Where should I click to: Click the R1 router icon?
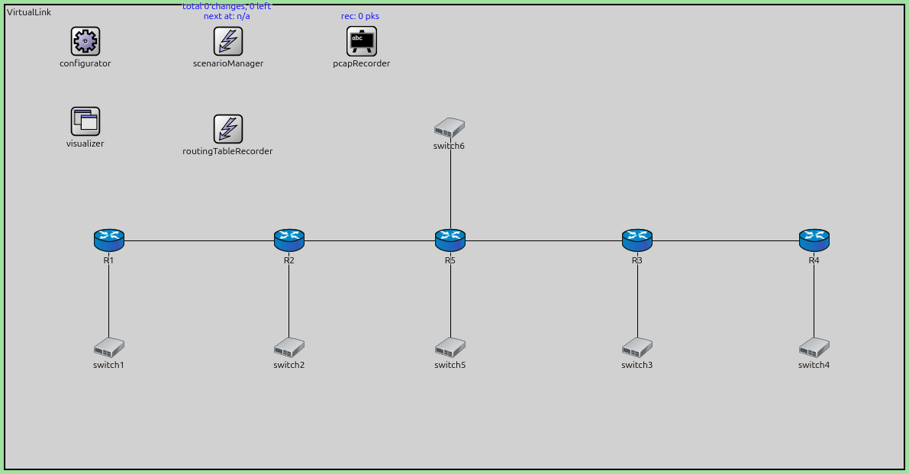108,240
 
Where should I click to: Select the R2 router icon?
288,240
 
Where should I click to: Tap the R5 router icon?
450,240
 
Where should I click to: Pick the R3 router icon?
637,240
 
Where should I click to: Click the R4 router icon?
814,240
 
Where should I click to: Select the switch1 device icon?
108,348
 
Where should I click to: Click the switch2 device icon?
288,348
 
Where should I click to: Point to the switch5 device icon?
450,348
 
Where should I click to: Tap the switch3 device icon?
637,348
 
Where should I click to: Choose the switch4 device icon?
814,348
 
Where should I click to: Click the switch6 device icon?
450,128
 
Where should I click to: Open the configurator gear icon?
85,41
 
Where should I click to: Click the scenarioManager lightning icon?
227,41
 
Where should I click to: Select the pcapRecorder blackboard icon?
361,41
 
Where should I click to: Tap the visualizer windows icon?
85,121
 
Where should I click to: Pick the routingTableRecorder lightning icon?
227,129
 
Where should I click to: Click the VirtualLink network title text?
29,13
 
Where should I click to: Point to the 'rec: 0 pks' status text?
361,16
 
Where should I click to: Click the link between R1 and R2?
198,241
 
